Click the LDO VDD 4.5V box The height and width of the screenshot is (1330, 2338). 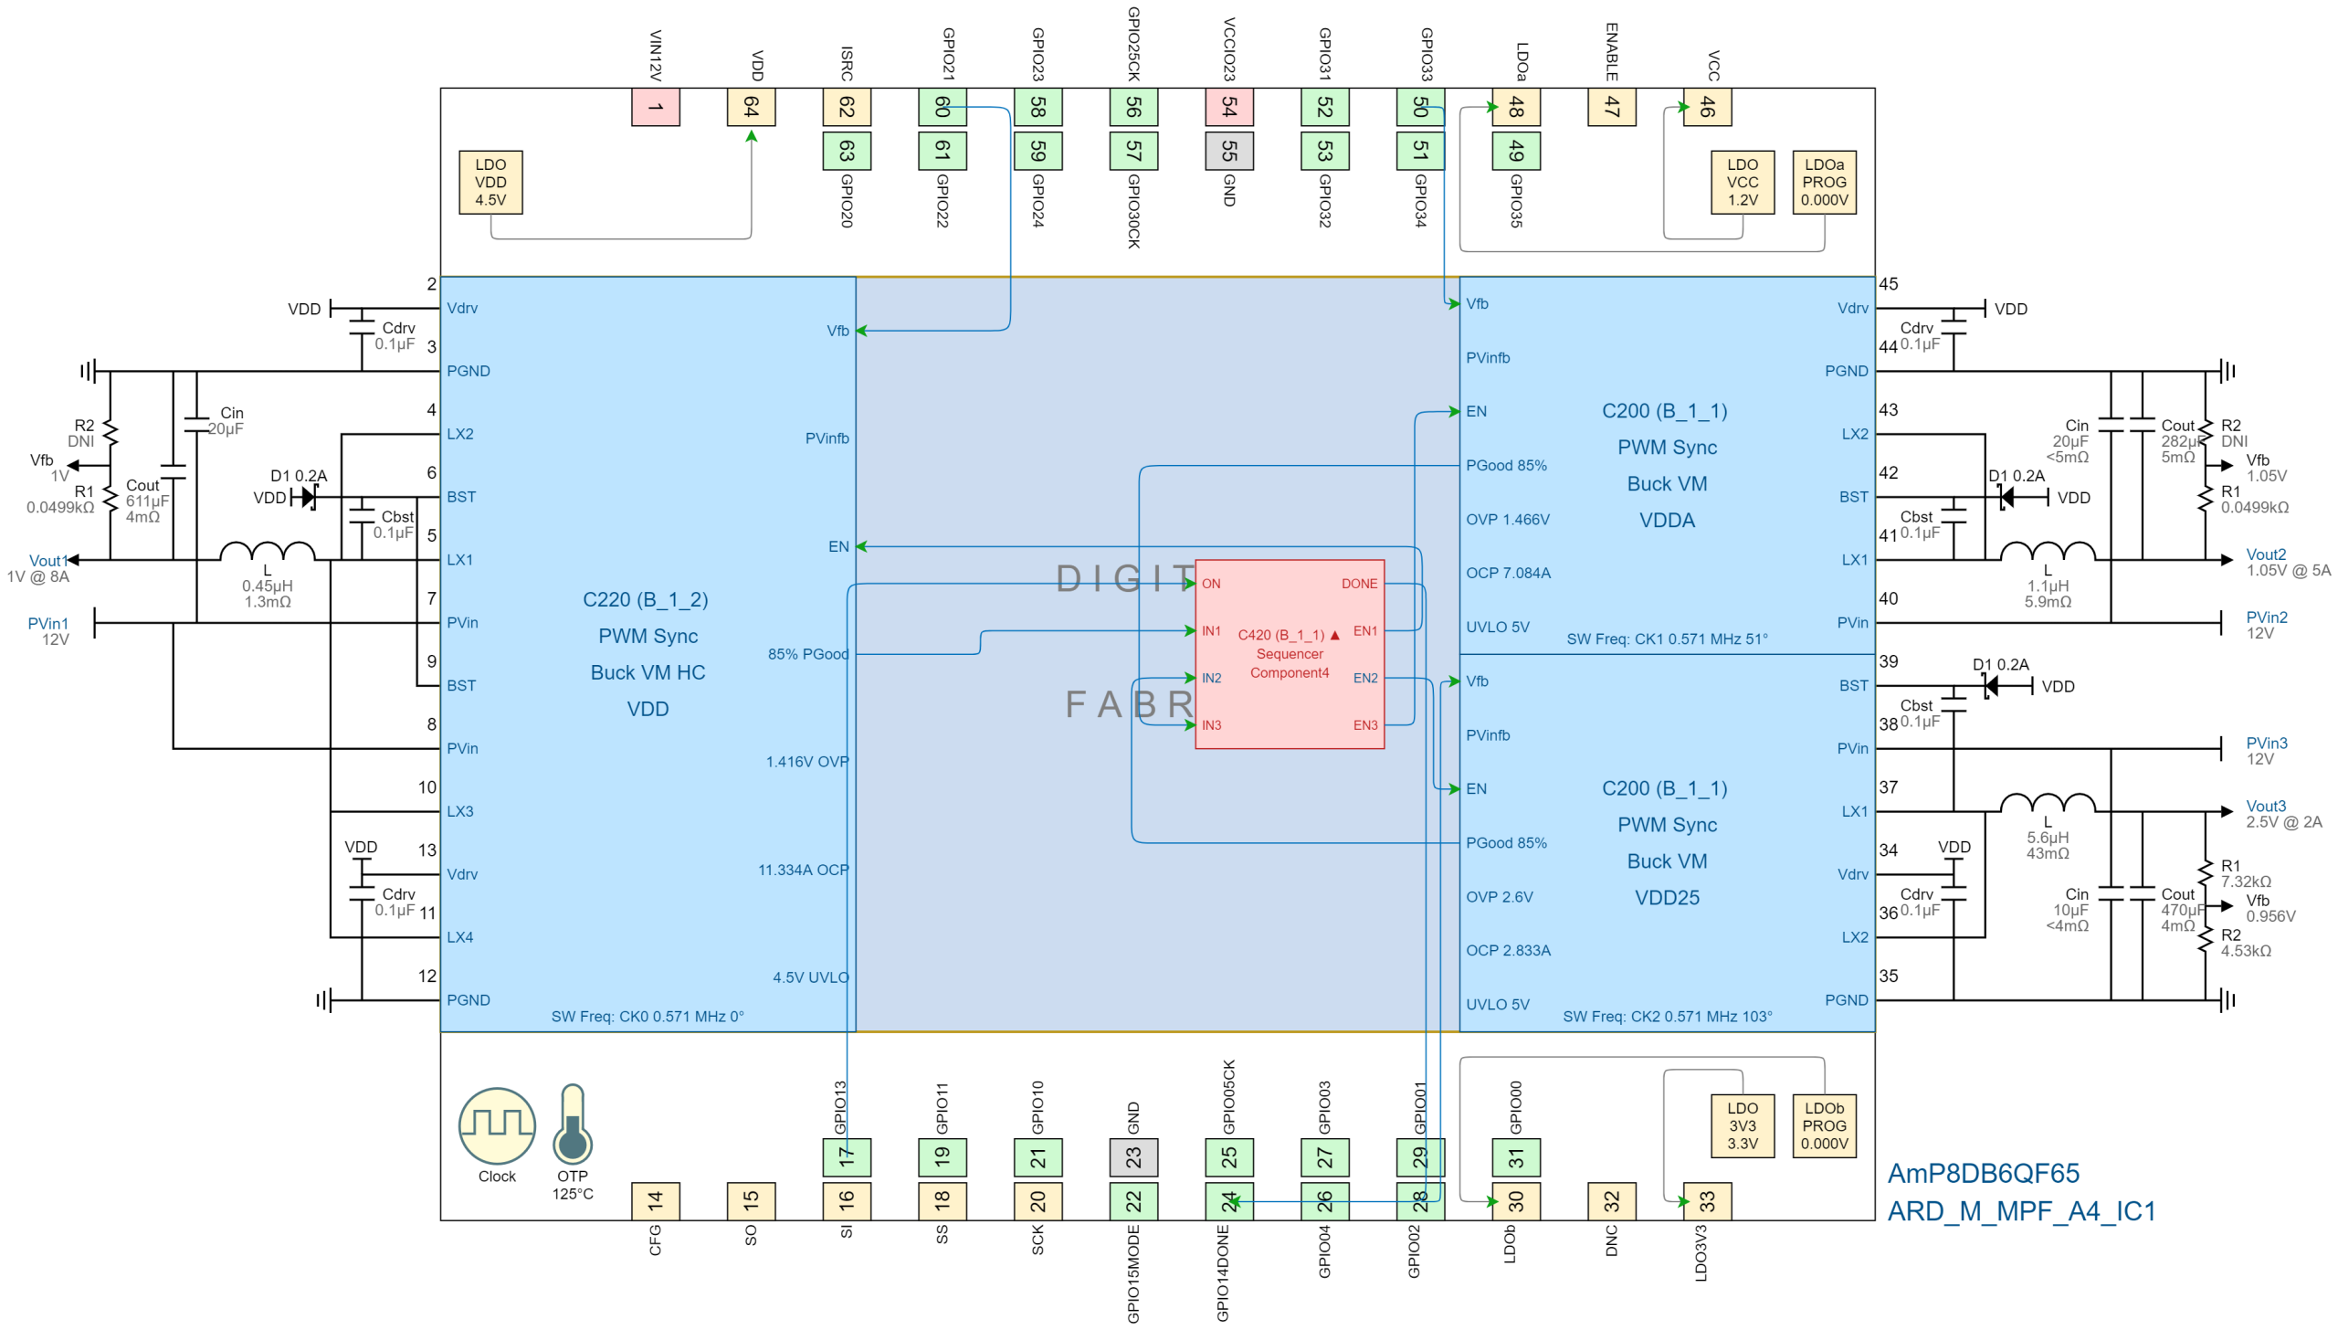click(x=490, y=183)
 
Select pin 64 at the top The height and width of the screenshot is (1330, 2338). click(x=751, y=107)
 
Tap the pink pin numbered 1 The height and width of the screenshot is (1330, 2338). click(x=655, y=107)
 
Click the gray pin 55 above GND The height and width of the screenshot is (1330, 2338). click(x=1228, y=151)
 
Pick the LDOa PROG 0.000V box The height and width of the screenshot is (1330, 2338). click(x=1824, y=183)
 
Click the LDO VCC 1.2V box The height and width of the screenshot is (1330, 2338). click(x=1742, y=183)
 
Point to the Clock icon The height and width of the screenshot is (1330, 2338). click(x=497, y=1125)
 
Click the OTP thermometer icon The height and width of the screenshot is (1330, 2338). click(x=573, y=1125)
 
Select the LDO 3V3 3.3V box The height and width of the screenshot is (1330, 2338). click(x=1742, y=1125)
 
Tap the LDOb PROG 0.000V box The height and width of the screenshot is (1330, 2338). click(x=1824, y=1125)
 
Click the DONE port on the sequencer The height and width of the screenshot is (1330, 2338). click(x=1359, y=584)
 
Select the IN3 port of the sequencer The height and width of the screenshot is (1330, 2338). click(x=1211, y=725)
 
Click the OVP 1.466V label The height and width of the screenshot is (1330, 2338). click(x=1507, y=520)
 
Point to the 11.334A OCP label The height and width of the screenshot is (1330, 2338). click(x=803, y=870)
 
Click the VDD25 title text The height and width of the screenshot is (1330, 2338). click(x=1667, y=898)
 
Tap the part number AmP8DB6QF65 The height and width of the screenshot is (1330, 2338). click(x=1983, y=1174)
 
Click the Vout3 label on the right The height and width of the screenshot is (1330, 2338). click(x=2266, y=806)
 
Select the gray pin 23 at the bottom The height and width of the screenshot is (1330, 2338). click(x=1133, y=1157)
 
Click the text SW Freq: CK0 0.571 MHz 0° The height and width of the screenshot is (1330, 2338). click(x=648, y=1017)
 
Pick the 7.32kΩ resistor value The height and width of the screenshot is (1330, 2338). click(x=2245, y=881)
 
